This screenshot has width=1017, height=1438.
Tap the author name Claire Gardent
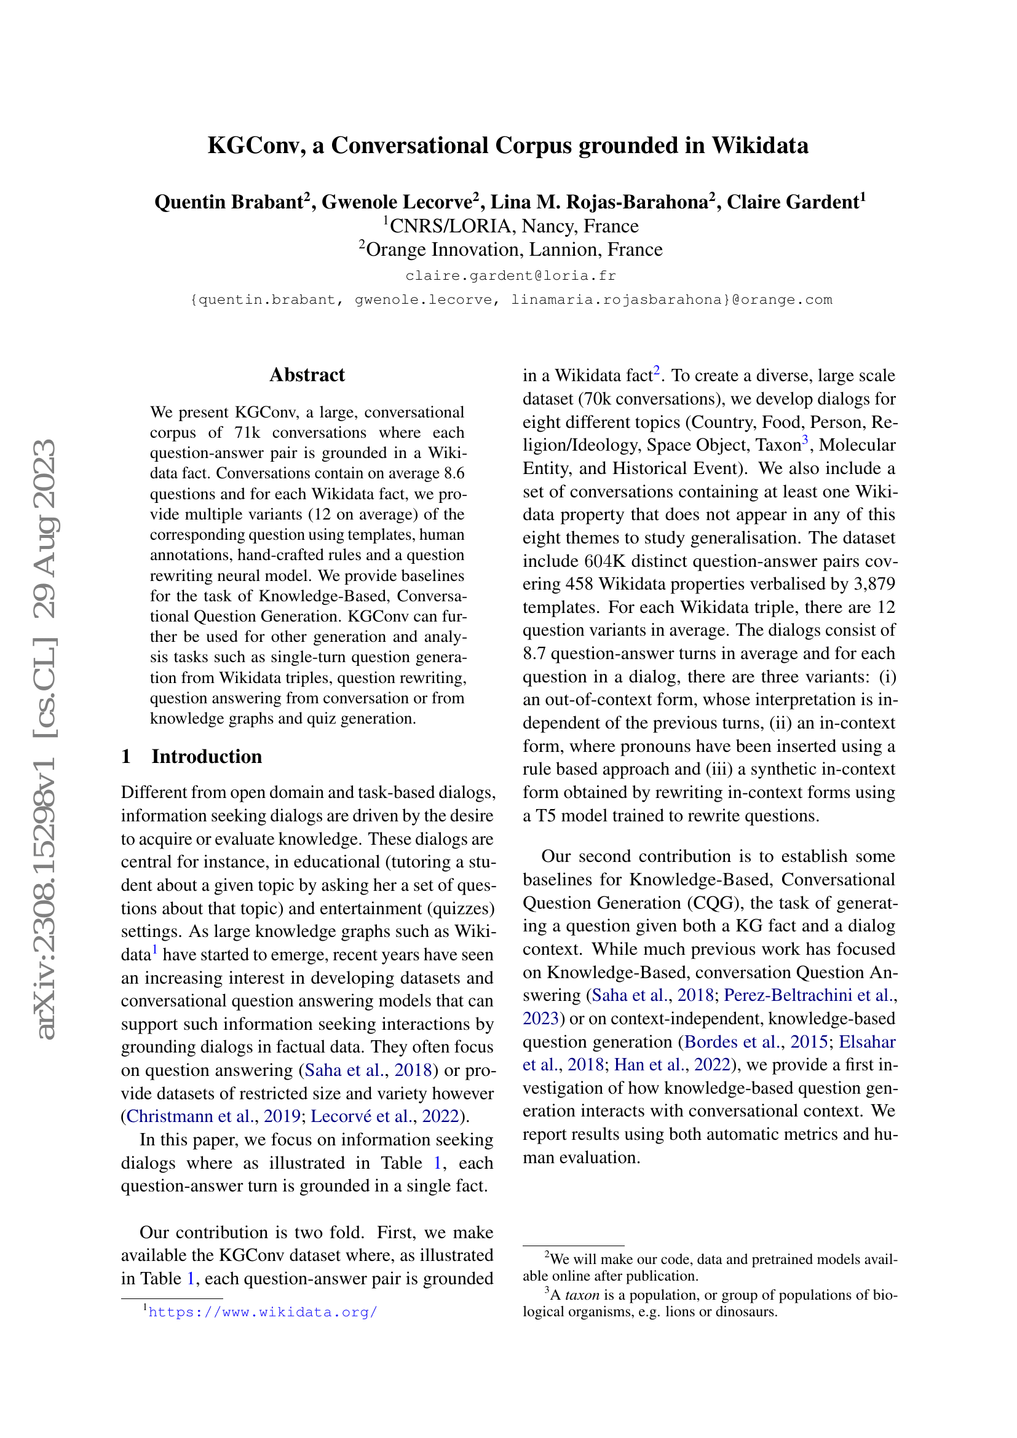(792, 202)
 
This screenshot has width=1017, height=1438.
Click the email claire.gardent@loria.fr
(510, 275)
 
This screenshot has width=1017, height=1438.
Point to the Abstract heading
(307, 374)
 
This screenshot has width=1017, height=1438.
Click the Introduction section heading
(206, 757)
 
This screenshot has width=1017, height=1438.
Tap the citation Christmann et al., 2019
(213, 1116)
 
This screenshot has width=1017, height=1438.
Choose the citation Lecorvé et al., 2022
(384, 1116)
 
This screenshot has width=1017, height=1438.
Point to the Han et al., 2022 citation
(672, 1065)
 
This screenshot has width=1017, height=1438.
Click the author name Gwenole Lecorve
(397, 202)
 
